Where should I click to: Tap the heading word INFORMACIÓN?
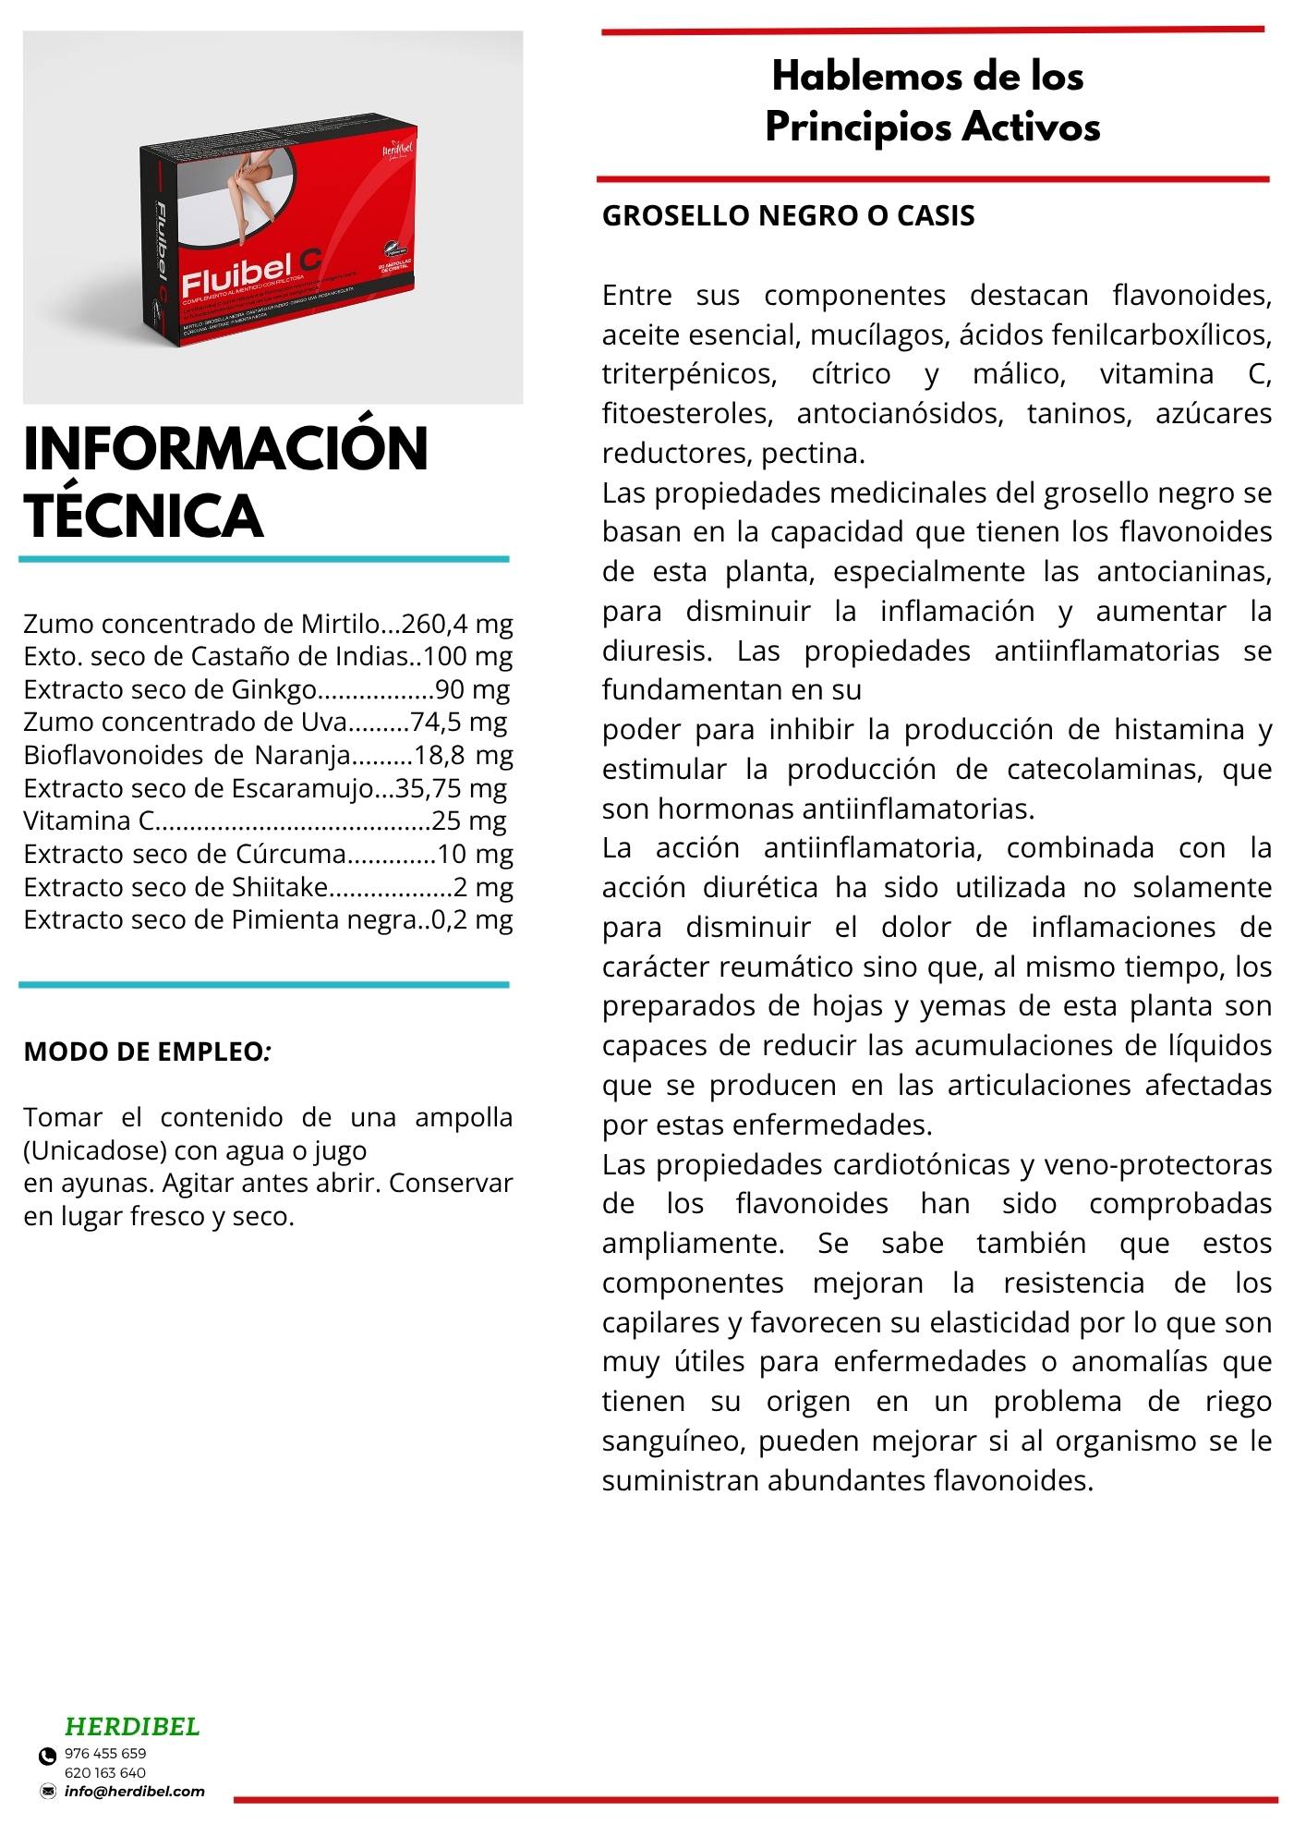(225, 450)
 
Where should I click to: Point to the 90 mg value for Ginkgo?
(472, 689)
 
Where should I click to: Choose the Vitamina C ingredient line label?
(89, 821)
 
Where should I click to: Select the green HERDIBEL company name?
(132, 1726)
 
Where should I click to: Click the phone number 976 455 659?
(105, 1753)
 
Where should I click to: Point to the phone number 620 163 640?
(105, 1772)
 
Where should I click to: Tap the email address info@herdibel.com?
(135, 1792)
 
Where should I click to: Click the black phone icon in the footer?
(47, 1756)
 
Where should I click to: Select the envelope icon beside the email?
(48, 1792)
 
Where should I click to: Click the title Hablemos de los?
(927, 76)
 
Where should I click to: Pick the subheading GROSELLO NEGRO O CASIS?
(788, 215)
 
